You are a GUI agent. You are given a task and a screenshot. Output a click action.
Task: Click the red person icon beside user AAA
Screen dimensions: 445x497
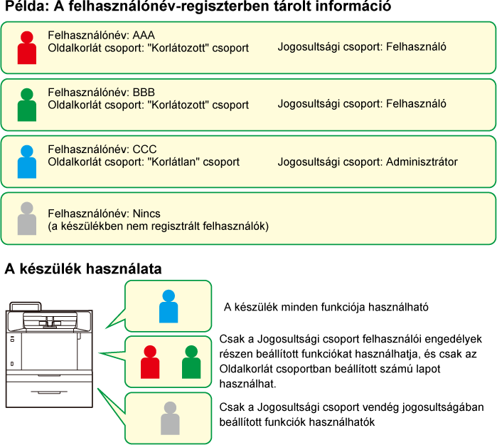26,48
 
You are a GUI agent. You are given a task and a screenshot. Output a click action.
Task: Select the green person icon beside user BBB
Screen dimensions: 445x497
26,105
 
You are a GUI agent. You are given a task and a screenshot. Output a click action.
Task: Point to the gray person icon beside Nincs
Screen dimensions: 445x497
26,219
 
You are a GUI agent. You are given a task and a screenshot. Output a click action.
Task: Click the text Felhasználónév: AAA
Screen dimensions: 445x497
101,35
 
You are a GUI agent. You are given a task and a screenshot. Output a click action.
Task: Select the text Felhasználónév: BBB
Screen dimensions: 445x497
101,92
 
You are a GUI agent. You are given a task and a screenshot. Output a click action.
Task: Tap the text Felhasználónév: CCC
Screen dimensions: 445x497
102,150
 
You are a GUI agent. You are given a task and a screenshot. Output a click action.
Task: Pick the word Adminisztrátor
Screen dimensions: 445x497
422,162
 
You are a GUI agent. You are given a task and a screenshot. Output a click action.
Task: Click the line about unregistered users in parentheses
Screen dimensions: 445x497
158,226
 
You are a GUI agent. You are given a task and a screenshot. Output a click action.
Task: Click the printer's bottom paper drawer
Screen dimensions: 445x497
50,394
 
